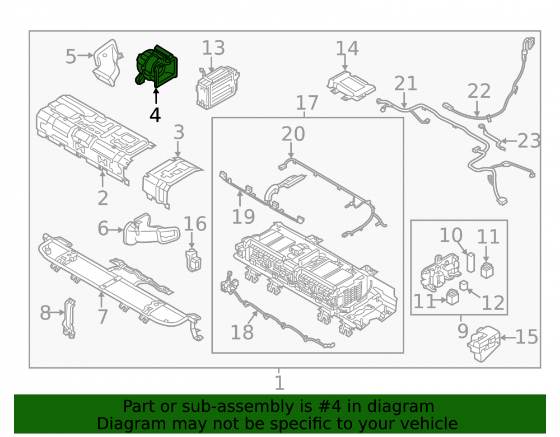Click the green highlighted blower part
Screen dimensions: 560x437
(x=156, y=67)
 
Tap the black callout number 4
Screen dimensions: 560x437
(x=155, y=115)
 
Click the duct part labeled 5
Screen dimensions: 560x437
(x=107, y=63)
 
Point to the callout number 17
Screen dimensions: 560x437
(x=307, y=103)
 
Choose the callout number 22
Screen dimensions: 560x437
(x=479, y=91)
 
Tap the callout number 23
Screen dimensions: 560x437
(x=529, y=141)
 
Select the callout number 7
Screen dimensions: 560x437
(x=102, y=317)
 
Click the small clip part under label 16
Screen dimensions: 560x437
(x=193, y=260)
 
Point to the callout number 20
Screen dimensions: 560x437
(x=293, y=134)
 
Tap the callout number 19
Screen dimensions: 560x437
(x=243, y=217)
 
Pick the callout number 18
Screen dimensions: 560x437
(x=242, y=332)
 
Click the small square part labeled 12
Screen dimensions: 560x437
(x=464, y=286)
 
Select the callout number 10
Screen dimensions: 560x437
(x=451, y=236)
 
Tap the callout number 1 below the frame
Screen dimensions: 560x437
(x=279, y=383)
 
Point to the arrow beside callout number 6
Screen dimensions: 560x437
(x=116, y=230)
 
